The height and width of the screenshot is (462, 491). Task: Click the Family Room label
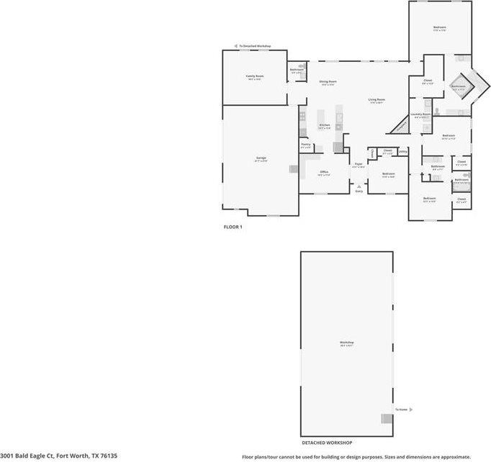click(253, 76)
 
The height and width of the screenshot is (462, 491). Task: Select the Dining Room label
click(328, 82)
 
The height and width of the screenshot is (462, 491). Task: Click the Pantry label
click(306, 145)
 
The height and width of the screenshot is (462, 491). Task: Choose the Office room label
click(325, 173)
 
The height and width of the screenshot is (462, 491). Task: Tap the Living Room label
click(377, 100)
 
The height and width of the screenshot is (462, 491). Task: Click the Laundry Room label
click(421, 114)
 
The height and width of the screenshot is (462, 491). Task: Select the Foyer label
click(359, 165)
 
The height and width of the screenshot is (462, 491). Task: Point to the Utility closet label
click(402, 151)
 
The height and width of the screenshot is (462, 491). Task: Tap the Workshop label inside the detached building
click(347, 343)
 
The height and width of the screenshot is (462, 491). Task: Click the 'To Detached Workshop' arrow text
click(255, 46)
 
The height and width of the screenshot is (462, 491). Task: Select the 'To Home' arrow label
click(402, 409)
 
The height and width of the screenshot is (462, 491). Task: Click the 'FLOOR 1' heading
click(233, 227)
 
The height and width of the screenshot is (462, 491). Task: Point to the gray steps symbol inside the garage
click(293, 170)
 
